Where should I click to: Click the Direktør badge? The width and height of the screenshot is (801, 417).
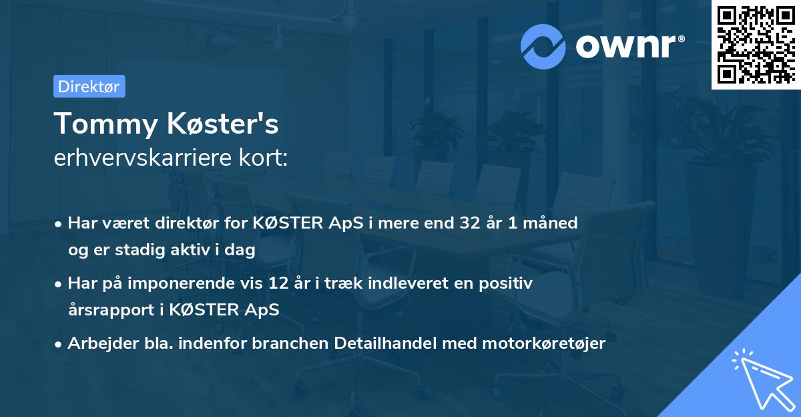coord(89,86)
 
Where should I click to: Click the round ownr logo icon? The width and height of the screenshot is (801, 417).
coord(543,46)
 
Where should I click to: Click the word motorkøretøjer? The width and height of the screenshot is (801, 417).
coord(540,343)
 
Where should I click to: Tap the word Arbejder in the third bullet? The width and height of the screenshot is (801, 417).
coord(96,343)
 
